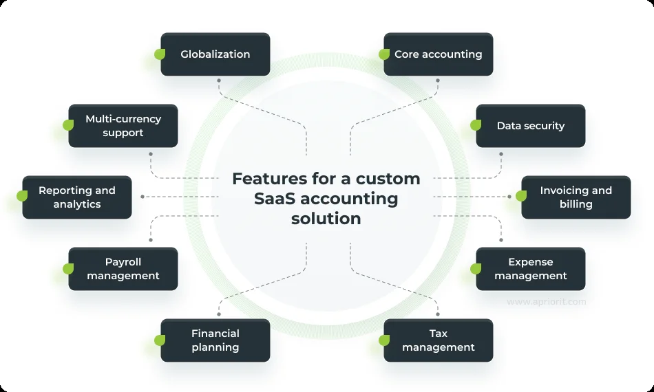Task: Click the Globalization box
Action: (215, 54)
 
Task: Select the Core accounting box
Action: (439, 54)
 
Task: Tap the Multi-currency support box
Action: (123, 126)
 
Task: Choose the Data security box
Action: (531, 126)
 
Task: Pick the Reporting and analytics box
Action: (77, 197)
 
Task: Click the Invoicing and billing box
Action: (576, 197)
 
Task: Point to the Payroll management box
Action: (123, 269)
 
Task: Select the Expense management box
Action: (531, 269)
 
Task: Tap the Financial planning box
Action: (215, 340)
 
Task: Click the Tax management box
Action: (439, 340)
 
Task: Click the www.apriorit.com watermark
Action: (547, 302)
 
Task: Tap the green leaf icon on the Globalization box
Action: (160, 54)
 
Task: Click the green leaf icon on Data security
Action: (476, 125)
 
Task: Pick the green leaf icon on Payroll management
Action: (68, 268)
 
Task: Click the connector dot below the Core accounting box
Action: (439, 80)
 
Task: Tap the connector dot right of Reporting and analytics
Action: (142, 197)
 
